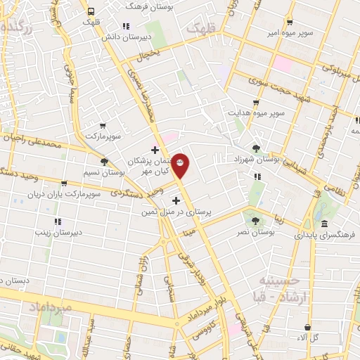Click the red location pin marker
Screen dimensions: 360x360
coord(181,165)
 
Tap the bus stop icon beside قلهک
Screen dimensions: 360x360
coord(91,11)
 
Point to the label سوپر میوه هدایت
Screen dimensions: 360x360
coord(255,112)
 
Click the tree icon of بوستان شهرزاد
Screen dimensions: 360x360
coord(256,148)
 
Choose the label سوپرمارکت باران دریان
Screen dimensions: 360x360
coord(70,193)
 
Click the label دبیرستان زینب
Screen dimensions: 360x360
coord(60,230)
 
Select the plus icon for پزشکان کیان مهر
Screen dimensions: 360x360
coord(155,149)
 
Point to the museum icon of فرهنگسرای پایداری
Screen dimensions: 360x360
coord(324,224)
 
